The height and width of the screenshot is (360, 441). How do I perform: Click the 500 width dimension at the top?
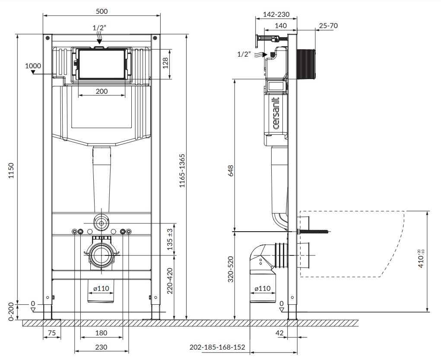[102, 11]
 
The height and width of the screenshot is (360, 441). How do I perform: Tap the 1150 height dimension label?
[11, 170]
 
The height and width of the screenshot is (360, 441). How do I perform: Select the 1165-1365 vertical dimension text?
[182, 171]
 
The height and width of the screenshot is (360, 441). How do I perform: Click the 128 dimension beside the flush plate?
[165, 63]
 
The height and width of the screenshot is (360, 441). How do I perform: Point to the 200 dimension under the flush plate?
[102, 91]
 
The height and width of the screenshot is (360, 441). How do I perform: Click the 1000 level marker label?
[33, 66]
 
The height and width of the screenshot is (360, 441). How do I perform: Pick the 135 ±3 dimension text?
[171, 239]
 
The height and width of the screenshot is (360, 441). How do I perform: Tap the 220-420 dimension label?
[170, 280]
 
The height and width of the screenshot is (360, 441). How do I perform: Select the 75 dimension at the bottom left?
[51, 333]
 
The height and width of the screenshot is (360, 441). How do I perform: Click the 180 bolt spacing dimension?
[101, 333]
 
